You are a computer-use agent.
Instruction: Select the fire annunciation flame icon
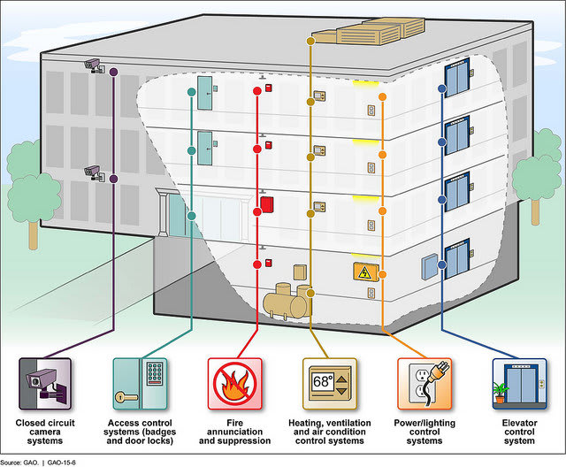point(234,382)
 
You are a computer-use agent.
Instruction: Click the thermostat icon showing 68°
point(331,382)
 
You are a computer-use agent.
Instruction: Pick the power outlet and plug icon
point(425,382)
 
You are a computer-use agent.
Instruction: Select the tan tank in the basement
point(287,302)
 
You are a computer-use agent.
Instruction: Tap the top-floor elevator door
point(457,80)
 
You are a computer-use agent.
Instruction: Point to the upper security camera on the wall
point(93,63)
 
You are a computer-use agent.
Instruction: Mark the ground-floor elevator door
point(457,258)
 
